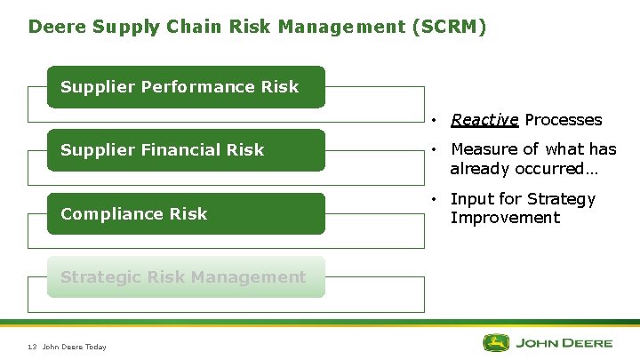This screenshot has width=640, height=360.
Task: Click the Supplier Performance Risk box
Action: (186, 87)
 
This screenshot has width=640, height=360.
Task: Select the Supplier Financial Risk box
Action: (186, 150)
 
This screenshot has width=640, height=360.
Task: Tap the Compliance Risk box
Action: (186, 213)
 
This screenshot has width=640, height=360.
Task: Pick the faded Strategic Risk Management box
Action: (186, 276)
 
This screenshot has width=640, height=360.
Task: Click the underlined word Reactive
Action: (484, 120)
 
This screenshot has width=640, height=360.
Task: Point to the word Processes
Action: (563, 120)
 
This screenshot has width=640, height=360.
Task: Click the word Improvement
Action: (505, 218)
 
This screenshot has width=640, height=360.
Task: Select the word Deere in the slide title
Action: (55, 27)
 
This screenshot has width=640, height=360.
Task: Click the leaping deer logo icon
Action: (496, 342)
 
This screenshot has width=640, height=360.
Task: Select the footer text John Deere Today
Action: (74, 347)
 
